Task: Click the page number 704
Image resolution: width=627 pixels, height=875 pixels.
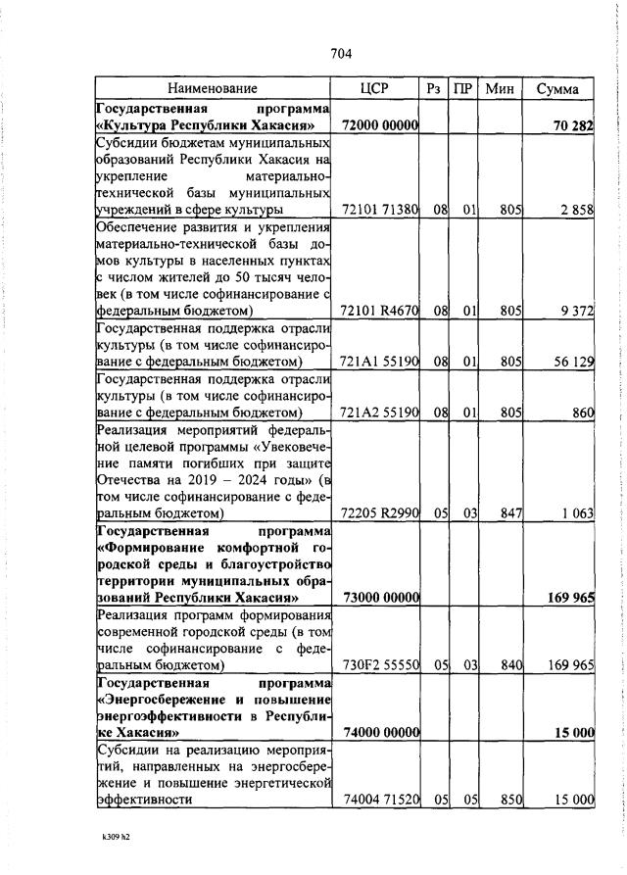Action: pyautogui.click(x=341, y=53)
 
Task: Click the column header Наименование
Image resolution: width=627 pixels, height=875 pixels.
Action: pyautogui.click(x=212, y=89)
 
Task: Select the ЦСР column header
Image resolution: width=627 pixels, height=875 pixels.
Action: pyautogui.click(x=374, y=89)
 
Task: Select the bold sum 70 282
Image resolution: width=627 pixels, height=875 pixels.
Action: pyautogui.click(x=573, y=125)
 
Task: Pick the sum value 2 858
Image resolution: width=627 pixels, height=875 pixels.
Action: pyautogui.click(x=577, y=210)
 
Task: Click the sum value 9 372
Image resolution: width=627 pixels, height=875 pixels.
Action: pyautogui.click(x=577, y=311)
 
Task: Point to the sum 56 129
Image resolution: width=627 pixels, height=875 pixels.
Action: pyautogui.click(x=574, y=362)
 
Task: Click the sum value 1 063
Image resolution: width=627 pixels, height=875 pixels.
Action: pyautogui.click(x=577, y=512)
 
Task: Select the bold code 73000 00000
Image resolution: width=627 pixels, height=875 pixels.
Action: pyautogui.click(x=380, y=598)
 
